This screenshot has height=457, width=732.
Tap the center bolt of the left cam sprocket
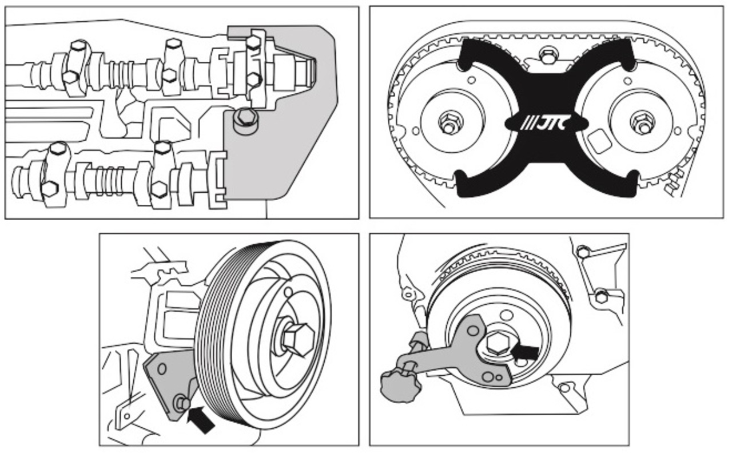[448, 122]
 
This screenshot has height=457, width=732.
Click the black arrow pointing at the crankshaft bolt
[526, 352]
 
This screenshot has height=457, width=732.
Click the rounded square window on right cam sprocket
[599, 141]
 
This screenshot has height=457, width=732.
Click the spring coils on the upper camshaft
[120, 73]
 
